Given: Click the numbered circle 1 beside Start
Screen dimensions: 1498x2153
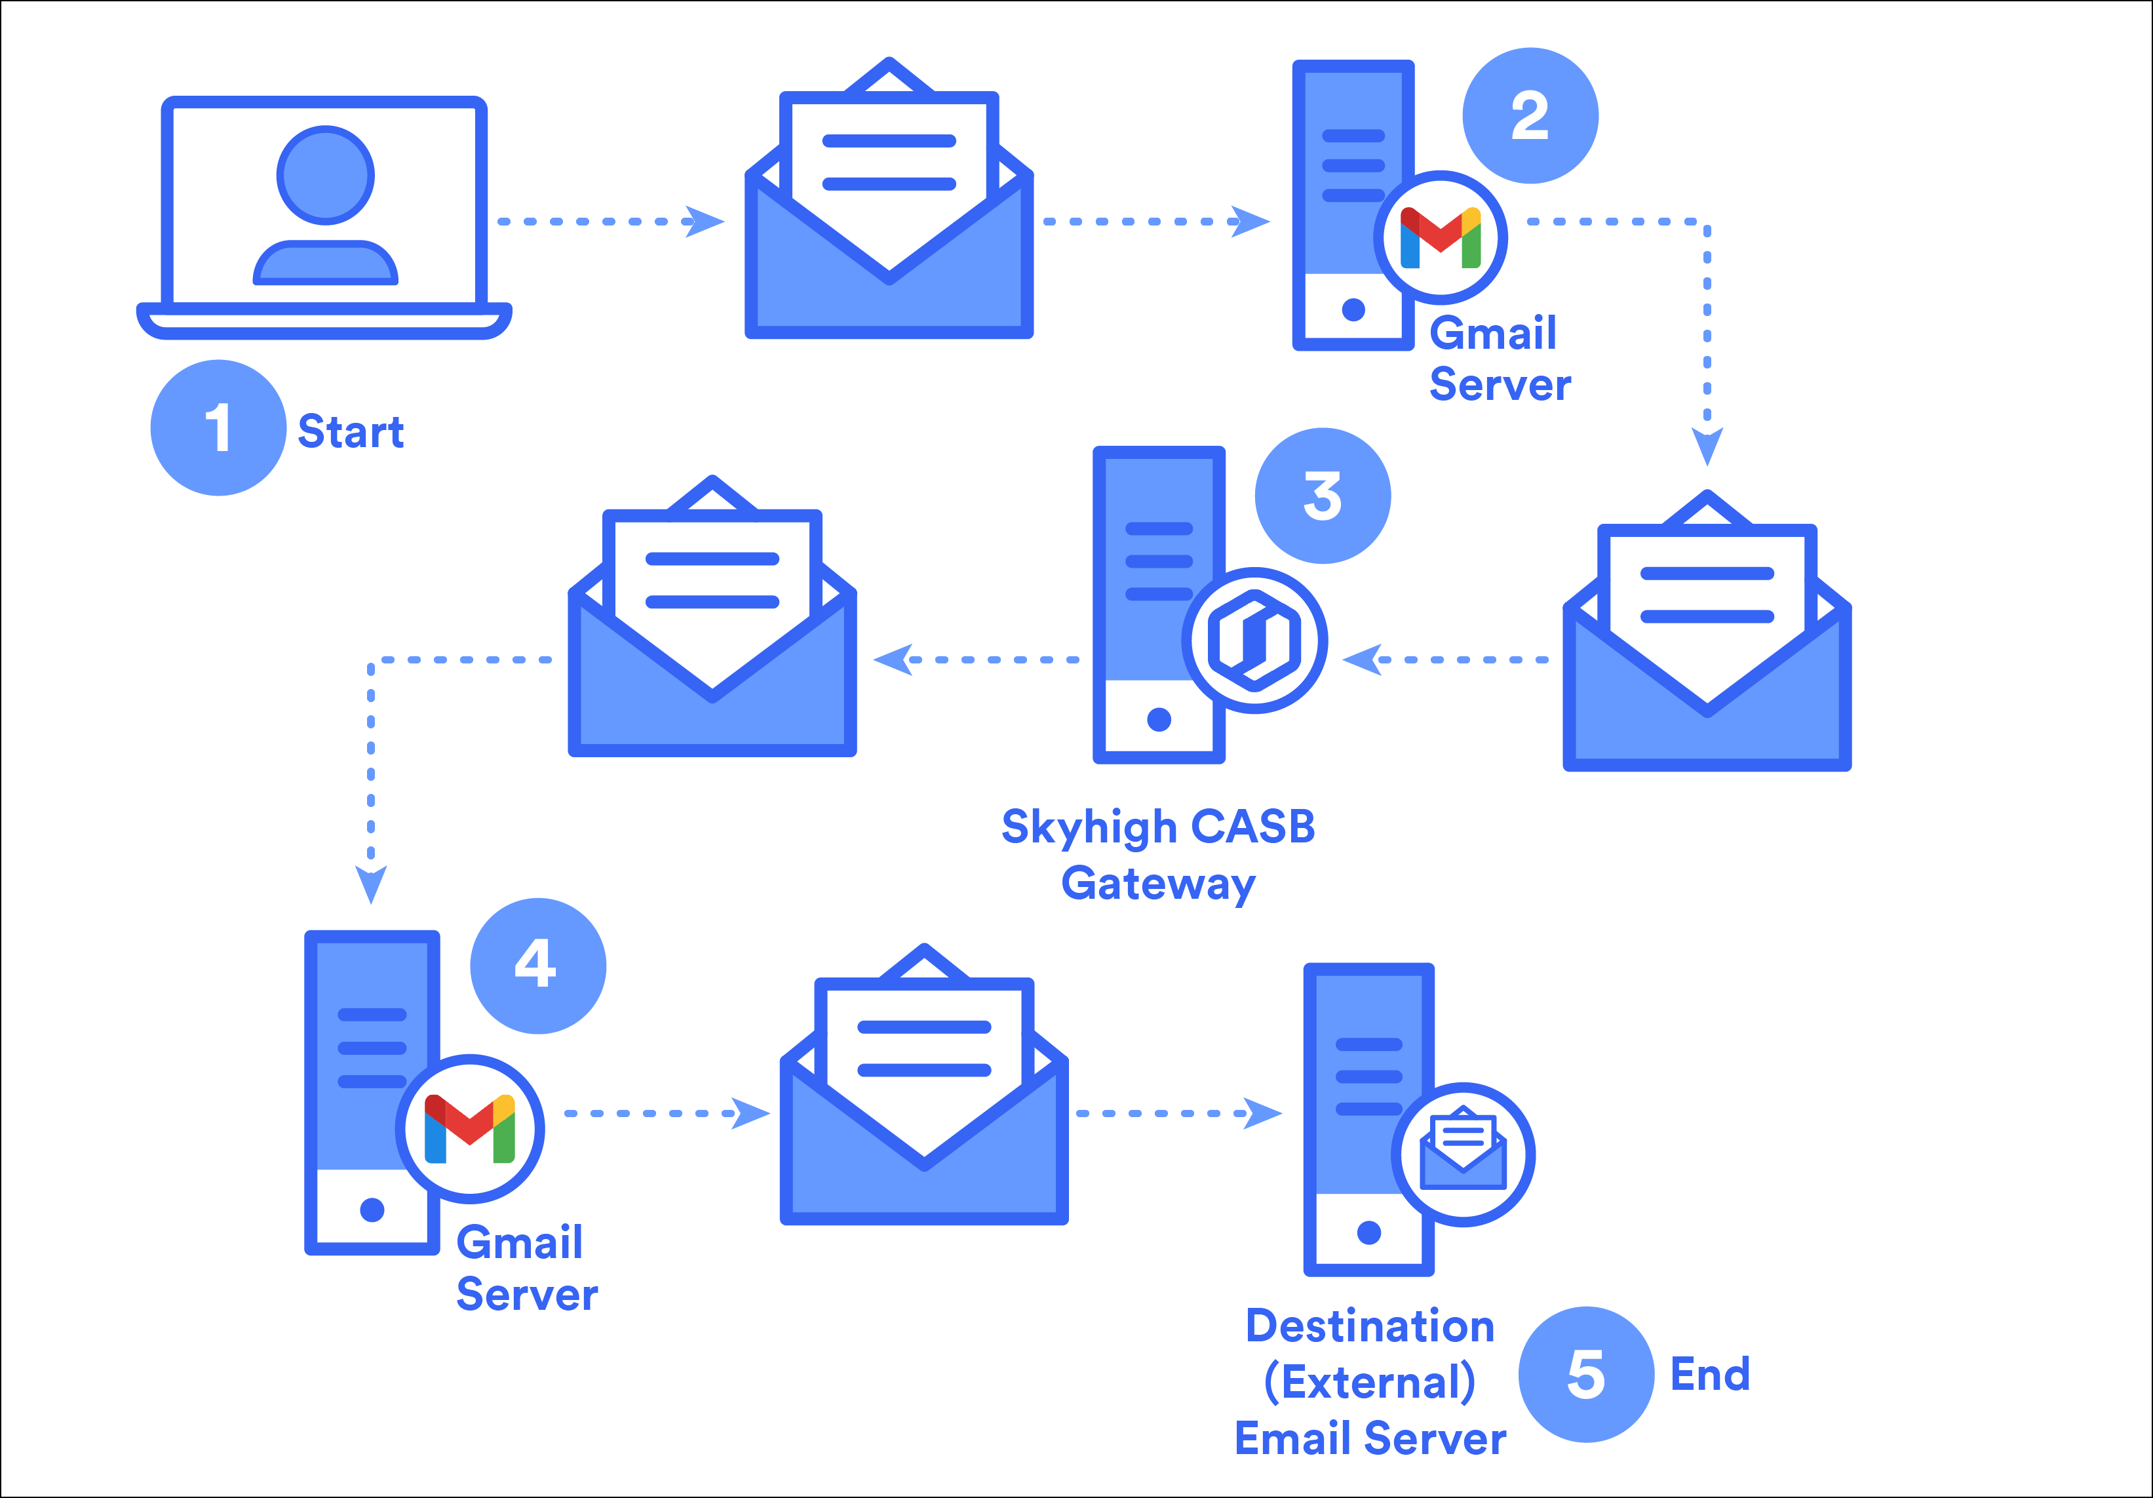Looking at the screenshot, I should click(218, 427).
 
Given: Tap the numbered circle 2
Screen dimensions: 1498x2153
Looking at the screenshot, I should click(1530, 115).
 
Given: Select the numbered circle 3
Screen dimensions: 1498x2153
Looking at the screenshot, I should click(1322, 496).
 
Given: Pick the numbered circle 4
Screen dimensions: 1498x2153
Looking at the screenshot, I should click(537, 965).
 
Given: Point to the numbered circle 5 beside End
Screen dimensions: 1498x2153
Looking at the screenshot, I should click(1585, 1374).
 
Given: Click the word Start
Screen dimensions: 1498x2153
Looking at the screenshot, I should click(351, 431).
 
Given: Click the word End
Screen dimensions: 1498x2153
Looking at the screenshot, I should click(1711, 1374).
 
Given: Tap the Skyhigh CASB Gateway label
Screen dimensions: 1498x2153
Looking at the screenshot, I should click(1159, 854).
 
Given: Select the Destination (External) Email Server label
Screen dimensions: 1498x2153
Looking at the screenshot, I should click(1370, 1382).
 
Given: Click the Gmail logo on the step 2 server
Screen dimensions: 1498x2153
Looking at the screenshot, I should click(1441, 237).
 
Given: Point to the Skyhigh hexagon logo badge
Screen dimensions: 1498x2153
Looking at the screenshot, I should click(1254, 641).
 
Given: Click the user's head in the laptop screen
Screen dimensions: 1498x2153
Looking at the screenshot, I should click(325, 176).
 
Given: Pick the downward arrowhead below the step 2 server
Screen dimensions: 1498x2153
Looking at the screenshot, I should click(1707, 446).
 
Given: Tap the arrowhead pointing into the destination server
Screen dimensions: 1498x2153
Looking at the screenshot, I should click(1262, 1113).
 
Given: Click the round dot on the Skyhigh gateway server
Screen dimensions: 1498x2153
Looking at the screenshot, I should click(1159, 719).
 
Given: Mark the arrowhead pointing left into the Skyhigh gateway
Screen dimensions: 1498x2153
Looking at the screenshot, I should click(1363, 660).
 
